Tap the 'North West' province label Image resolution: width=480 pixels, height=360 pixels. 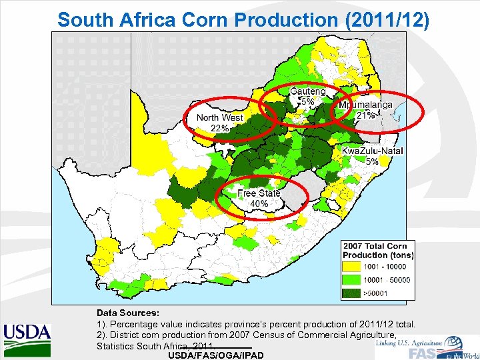click(219, 117)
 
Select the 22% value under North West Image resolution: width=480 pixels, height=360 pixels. click(219, 127)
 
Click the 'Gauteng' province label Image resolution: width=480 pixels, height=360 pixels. click(307, 91)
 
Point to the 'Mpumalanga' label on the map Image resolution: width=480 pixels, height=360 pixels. click(365, 105)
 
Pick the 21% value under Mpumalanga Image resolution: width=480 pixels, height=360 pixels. click(365, 115)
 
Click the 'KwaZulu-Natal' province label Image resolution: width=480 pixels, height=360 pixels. click(373, 151)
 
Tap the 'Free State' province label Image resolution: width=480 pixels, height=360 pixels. click(259, 193)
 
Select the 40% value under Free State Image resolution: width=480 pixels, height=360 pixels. click(259, 203)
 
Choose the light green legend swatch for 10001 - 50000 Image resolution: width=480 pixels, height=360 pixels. click(353, 280)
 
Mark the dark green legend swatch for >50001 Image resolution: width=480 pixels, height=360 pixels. click(353, 293)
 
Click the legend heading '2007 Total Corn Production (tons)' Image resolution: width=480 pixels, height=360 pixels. click(378, 250)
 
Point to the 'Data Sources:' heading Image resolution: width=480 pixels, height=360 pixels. click(128, 312)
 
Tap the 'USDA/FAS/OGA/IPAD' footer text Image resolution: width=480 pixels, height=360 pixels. click(217, 355)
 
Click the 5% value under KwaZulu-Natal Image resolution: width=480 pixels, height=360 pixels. click(373, 161)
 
